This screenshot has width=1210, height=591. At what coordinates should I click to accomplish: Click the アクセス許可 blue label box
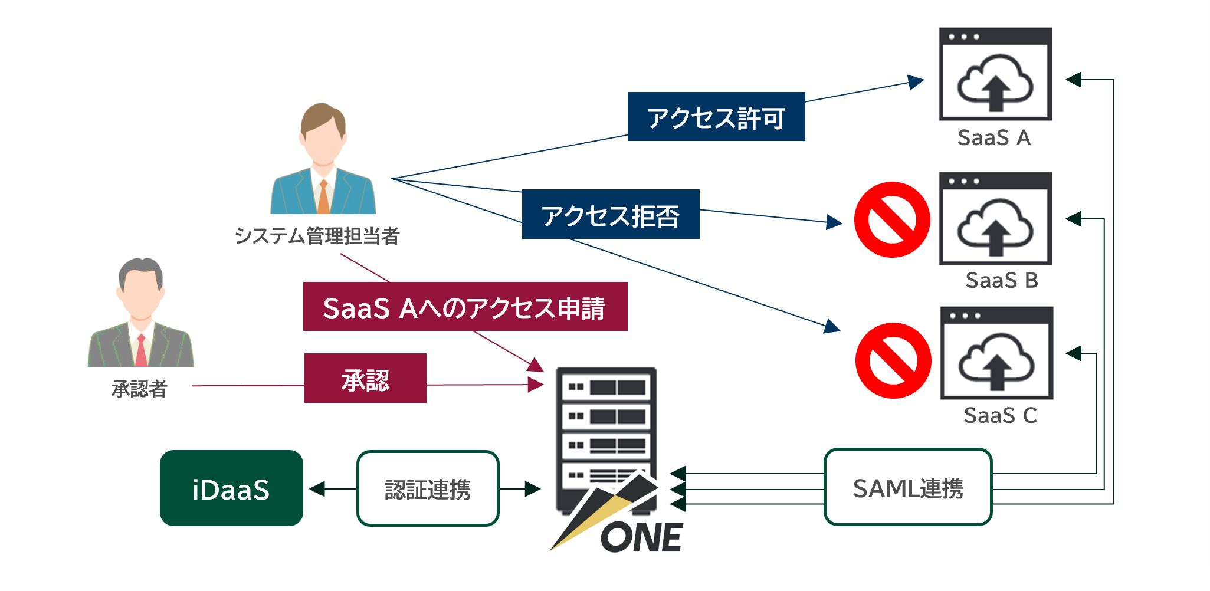tap(716, 117)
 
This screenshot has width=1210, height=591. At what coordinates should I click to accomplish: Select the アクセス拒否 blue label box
tap(611, 214)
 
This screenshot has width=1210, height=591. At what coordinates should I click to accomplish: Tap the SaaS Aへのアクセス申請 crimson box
tap(465, 307)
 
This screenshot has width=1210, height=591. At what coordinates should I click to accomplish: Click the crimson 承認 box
tap(365, 378)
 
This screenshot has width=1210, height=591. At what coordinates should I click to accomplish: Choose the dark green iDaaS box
tap(231, 488)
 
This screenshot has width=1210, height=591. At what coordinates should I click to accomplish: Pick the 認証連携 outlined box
tap(428, 488)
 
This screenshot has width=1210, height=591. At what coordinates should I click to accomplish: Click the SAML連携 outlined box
tap(907, 487)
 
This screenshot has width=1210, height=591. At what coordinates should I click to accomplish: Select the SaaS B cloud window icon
tap(995, 219)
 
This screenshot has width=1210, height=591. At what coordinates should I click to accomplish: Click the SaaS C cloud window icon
tap(996, 353)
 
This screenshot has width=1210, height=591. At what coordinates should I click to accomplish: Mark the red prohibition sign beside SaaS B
tap(892, 219)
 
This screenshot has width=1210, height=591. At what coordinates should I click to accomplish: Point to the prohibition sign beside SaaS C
tap(893, 360)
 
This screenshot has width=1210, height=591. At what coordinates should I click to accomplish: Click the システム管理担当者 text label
tap(317, 236)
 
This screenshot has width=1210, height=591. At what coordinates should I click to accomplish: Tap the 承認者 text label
tap(139, 389)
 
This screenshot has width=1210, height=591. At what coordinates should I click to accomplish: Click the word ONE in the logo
tap(642, 537)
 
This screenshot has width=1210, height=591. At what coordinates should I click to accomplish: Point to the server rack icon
tap(606, 425)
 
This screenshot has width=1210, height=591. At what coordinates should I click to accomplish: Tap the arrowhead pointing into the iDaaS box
tap(317, 489)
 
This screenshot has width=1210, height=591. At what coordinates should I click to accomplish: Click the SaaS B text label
tap(1001, 280)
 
